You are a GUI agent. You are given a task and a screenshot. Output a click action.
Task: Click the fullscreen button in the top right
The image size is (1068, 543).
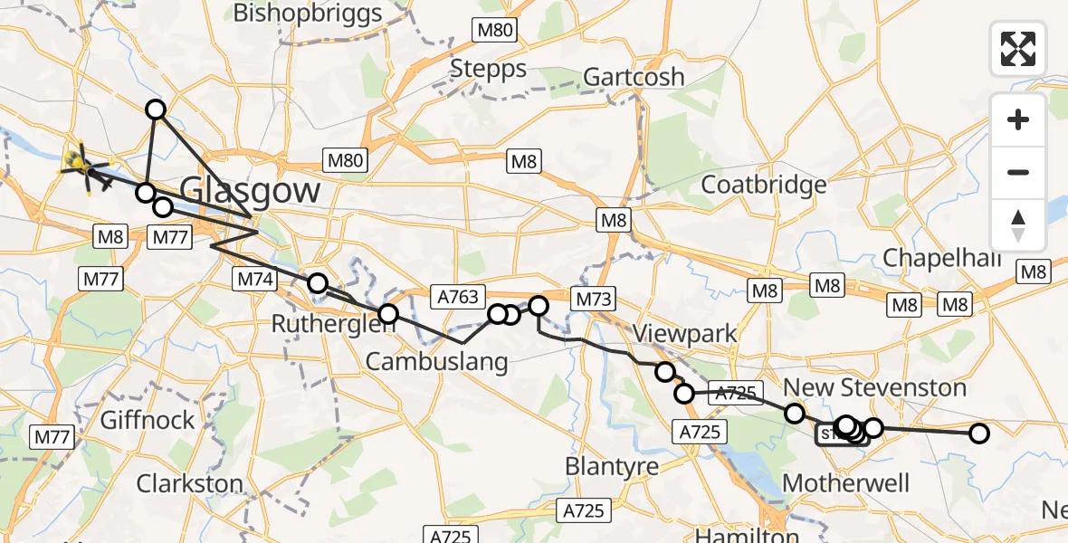click(1018, 49)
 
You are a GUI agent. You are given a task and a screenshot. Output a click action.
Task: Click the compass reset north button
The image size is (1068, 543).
click(1018, 225)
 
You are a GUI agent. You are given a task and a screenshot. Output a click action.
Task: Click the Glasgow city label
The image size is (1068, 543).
click(250, 191)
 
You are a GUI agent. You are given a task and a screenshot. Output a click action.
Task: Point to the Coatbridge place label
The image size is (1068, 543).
click(764, 185)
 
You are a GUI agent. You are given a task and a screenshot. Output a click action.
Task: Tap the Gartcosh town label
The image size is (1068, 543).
click(634, 77)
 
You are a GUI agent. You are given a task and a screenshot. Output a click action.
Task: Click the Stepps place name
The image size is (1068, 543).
click(488, 69)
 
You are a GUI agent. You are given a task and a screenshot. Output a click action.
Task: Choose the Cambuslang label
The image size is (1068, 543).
click(436, 361)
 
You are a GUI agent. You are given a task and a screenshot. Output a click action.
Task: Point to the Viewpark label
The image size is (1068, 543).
click(684, 333)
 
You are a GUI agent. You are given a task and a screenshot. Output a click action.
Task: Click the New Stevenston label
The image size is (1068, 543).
click(874, 388)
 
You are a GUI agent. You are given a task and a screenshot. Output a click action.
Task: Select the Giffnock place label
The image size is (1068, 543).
click(148, 420)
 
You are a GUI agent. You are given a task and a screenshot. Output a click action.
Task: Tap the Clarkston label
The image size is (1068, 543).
click(189, 483)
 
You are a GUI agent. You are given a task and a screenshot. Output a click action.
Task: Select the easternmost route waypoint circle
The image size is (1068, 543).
click(978, 433)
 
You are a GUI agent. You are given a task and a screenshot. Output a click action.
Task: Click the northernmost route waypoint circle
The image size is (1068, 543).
click(156, 110)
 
